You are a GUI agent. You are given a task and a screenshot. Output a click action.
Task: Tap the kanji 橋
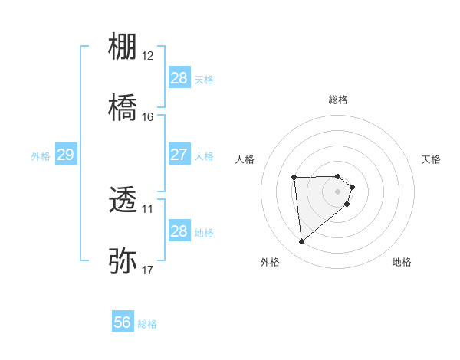pyautogui.click(x=123, y=108)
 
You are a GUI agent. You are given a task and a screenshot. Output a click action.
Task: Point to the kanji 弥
pyautogui.click(x=123, y=260)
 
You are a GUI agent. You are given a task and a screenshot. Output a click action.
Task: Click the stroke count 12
pyautogui.click(x=147, y=56)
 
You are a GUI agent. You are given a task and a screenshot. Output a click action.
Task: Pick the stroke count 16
pyautogui.click(x=147, y=117)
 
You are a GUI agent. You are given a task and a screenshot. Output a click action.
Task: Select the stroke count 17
pyautogui.click(x=147, y=270)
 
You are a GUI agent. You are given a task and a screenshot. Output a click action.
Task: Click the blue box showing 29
pyautogui.click(x=65, y=155)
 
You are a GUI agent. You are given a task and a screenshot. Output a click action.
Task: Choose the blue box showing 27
pyautogui.click(x=179, y=155)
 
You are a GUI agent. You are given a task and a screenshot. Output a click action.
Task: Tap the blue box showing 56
pyautogui.click(x=123, y=323)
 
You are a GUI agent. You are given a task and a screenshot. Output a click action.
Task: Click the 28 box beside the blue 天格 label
pyautogui.click(x=179, y=78)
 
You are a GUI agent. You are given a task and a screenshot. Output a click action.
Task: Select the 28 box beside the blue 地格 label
pyautogui.click(x=179, y=231)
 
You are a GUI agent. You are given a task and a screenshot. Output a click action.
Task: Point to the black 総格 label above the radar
pyautogui.click(x=338, y=100)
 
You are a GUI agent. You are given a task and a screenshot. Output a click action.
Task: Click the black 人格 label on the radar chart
pyautogui.click(x=245, y=159)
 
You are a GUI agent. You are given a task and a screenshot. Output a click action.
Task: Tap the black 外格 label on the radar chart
pyautogui.click(x=270, y=263)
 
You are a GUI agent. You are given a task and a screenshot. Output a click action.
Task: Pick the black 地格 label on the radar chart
pyautogui.click(x=402, y=263)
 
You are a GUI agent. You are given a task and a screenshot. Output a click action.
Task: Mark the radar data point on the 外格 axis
pyautogui.click(x=302, y=242)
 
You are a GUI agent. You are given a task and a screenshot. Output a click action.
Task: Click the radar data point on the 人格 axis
pyautogui.click(x=294, y=178)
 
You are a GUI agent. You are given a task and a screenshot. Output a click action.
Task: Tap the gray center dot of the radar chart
pyautogui.click(x=338, y=191)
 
